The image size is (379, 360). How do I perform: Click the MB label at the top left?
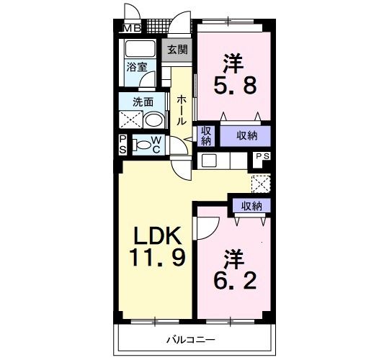[131, 29]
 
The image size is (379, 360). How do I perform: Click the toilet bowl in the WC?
[143, 145]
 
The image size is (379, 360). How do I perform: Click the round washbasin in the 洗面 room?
[153, 120]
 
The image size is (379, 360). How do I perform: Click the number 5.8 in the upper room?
[233, 86]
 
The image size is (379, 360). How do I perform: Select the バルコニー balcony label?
[192, 339]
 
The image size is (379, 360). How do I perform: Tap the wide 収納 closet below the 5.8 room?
[246, 135]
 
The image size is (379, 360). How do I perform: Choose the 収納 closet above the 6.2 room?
[251, 206]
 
